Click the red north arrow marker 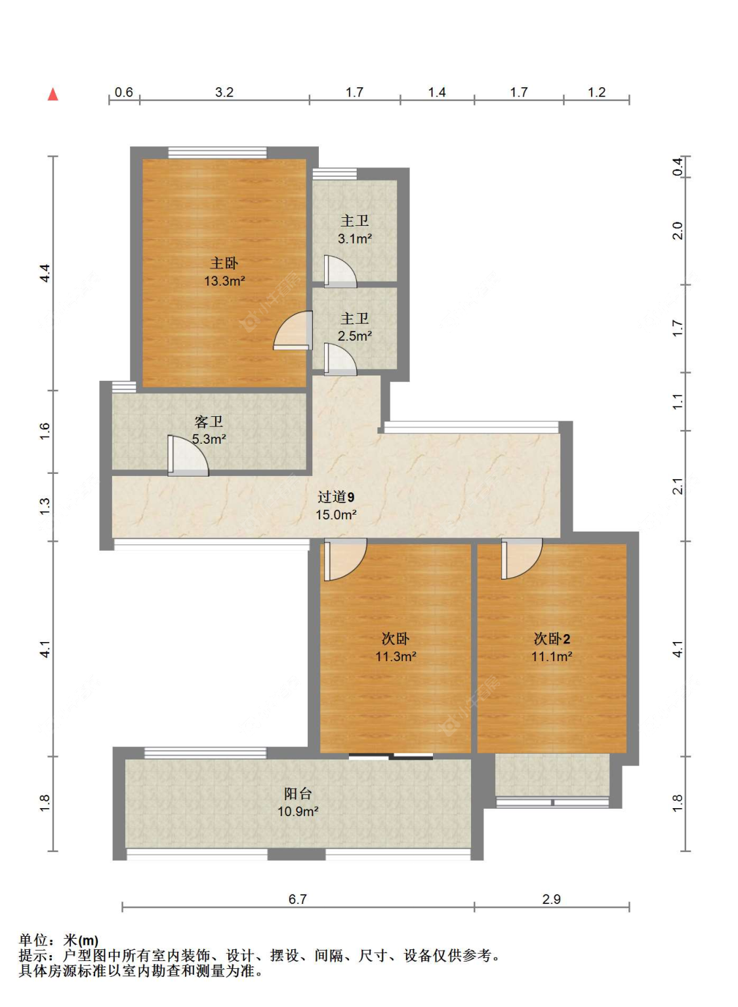pos(53,94)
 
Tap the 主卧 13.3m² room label pos(224,272)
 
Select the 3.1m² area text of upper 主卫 pos(355,239)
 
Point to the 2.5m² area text pos(355,336)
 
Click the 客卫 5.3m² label pos(209,430)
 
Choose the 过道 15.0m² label pos(336,505)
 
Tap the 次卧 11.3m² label pos(396,648)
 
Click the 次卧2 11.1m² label pos(552,648)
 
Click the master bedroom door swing pos(293,330)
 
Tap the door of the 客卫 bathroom pos(188,456)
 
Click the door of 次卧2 pos(522,559)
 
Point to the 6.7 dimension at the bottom pos(297,899)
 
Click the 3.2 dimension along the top pos(224,92)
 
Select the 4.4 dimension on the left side pos(45,273)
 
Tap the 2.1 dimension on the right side pos(678,486)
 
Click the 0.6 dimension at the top pos(123,92)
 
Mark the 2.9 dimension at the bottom pos(551,899)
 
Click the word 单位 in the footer pos(33,941)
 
